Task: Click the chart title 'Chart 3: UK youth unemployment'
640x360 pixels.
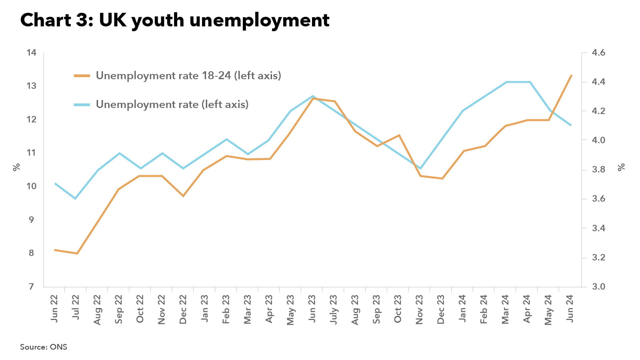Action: (x=175, y=20)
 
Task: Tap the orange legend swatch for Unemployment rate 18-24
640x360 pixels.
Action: (x=82, y=76)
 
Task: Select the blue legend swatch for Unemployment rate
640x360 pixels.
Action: (x=82, y=104)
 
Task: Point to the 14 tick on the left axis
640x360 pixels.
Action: (x=31, y=53)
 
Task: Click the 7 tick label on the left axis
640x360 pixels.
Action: (x=31, y=286)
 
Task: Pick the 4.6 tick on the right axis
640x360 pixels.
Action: (x=598, y=53)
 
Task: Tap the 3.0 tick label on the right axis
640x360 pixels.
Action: (x=598, y=286)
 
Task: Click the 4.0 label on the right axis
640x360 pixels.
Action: (x=598, y=140)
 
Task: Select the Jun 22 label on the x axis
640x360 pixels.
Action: (x=54, y=308)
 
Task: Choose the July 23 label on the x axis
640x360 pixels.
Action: (x=333, y=309)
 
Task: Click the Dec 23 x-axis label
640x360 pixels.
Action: (x=441, y=309)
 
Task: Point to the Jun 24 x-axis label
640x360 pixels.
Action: (x=570, y=308)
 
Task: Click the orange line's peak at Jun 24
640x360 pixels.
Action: (x=571, y=75)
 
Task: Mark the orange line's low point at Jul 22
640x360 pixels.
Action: (x=77, y=253)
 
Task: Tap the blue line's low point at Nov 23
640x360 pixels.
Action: (x=420, y=168)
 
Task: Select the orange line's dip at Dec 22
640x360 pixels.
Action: (x=183, y=196)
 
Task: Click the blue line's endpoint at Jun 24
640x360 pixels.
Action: (x=571, y=125)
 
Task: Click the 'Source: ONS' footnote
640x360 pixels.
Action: (x=44, y=347)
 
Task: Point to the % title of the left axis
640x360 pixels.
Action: (x=16, y=167)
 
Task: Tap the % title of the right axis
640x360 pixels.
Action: (x=621, y=167)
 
